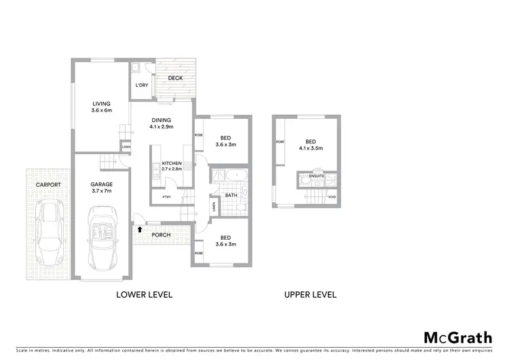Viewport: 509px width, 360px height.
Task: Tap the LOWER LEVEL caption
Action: (145, 295)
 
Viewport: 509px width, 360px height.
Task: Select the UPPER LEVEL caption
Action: (311, 295)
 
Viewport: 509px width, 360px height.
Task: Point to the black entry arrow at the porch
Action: (140, 230)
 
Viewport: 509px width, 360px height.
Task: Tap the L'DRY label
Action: (141, 85)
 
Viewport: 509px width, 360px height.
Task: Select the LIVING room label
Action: (102, 104)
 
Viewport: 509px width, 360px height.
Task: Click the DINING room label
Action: (162, 120)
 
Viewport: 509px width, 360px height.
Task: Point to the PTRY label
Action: (165, 197)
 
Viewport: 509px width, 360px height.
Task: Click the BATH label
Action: (231, 195)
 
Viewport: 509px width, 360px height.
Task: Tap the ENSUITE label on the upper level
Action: (317, 176)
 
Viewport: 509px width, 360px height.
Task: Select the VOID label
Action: (331, 197)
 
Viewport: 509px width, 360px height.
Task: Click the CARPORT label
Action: (48, 185)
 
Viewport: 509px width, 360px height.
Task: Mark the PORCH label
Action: (161, 235)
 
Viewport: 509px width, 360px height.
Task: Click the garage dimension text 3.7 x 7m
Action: (101, 192)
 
